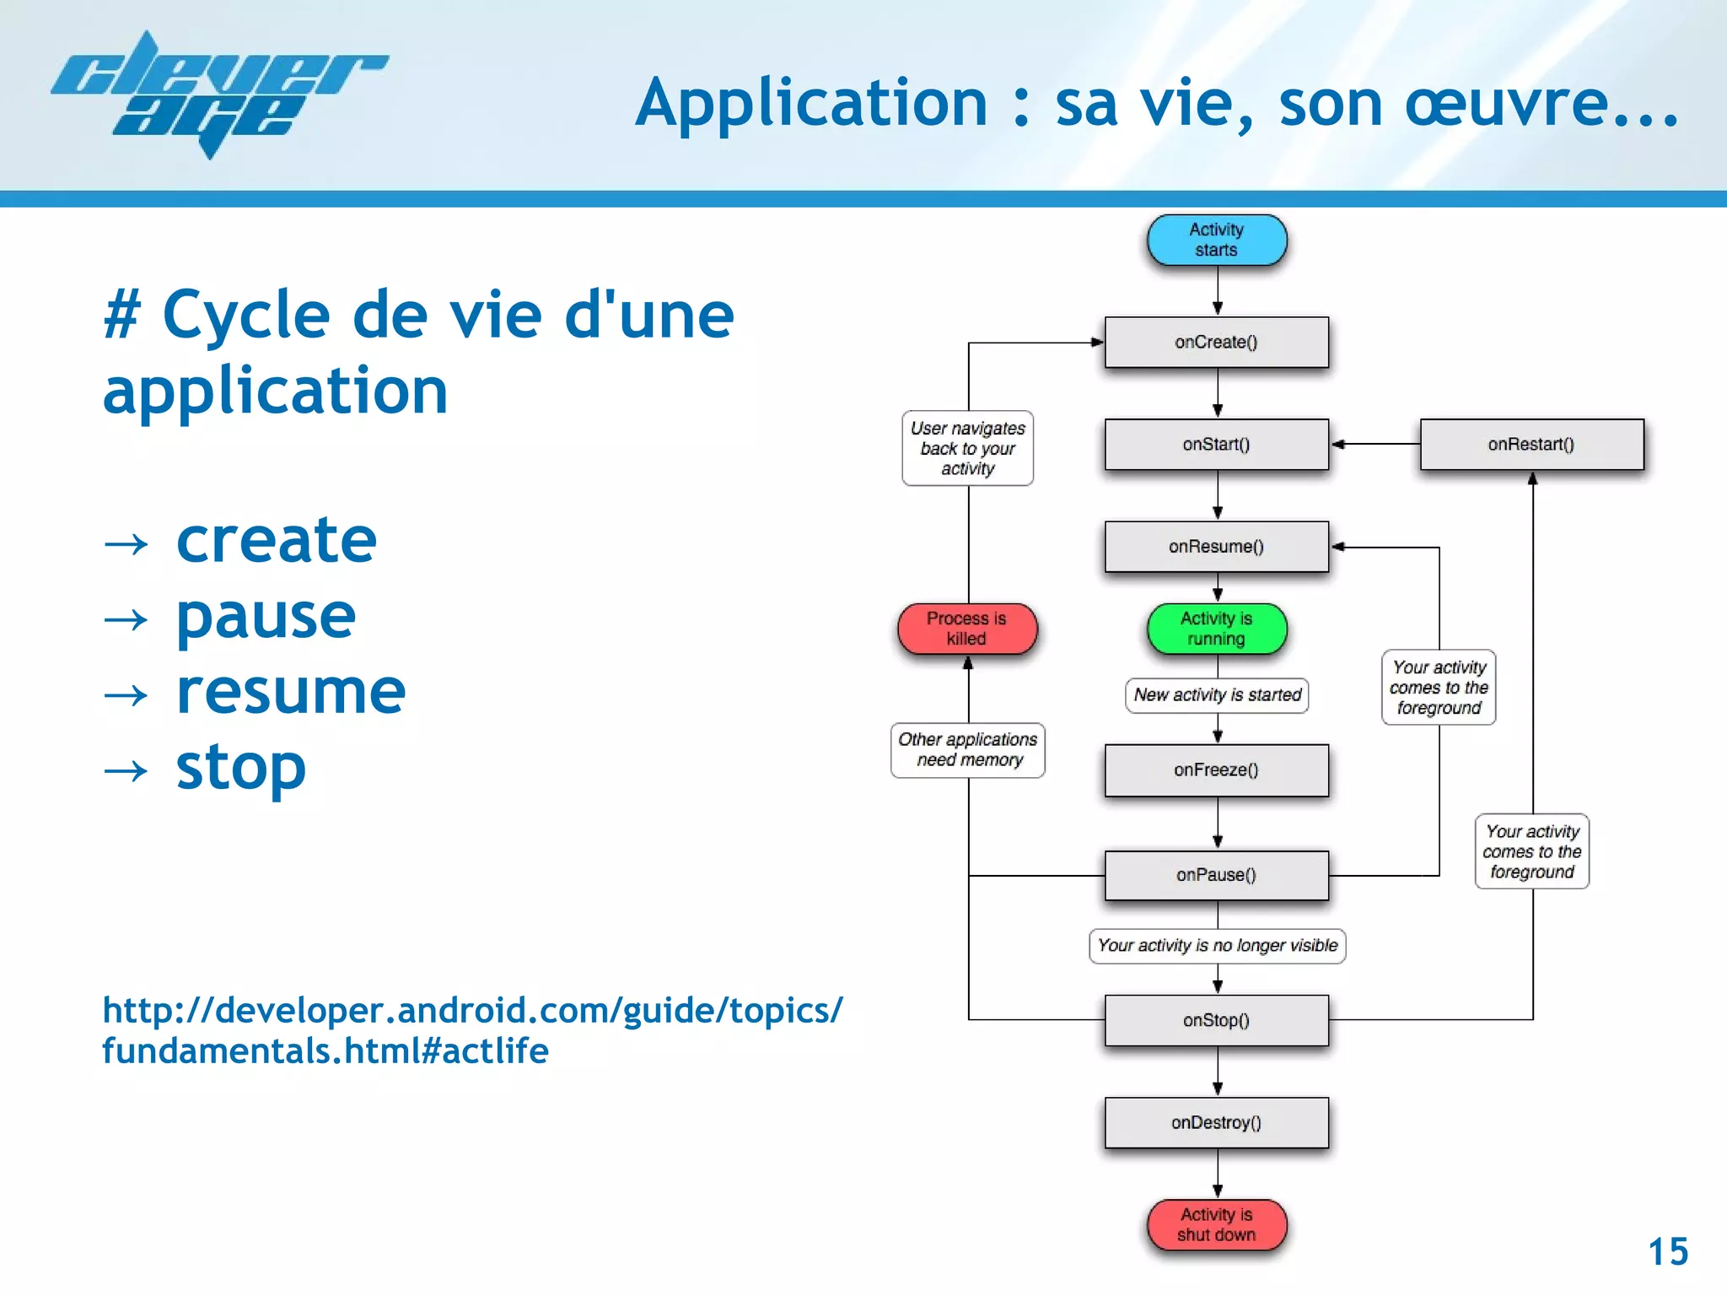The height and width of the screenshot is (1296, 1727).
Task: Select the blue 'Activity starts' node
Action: point(1216,240)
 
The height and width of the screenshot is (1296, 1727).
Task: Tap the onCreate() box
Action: point(1216,343)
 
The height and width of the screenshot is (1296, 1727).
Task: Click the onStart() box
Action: point(1216,445)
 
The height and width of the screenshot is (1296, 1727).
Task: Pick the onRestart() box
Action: point(1531,445)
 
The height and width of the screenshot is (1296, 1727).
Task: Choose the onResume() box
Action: point(1216,547)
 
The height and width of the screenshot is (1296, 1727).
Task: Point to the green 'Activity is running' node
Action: point(1216,629)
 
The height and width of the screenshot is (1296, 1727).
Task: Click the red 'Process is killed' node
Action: point(966,629)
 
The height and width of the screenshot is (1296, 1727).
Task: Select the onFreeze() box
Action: point(1216,770)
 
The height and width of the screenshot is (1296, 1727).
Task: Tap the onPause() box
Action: point(1216,876)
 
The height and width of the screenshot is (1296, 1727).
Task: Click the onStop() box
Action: point(1216,1021)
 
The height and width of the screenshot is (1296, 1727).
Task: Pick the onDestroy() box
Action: point(1216,1123)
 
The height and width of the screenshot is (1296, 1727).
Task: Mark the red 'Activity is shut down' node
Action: point(1216,1225)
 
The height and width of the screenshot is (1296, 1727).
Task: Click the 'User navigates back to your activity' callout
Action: point(967,449)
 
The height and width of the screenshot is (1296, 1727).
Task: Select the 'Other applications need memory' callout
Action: point(967,750)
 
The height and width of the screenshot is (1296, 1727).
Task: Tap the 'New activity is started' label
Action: point(1217,695)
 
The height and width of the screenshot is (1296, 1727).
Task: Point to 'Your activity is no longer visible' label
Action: point(1217,946)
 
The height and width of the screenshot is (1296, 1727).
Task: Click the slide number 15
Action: point(1667,1252)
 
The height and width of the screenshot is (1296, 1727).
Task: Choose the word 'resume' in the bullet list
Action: point(291,692)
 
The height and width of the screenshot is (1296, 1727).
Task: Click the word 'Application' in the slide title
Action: point(811,103)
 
